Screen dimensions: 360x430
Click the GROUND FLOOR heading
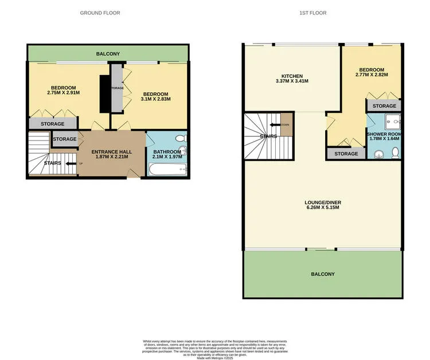point(100,13)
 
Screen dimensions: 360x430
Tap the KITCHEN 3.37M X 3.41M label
point(291,79)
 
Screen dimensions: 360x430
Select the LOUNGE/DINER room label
point(322,205)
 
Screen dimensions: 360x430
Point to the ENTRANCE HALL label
point(113,155)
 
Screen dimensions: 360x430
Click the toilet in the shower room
point(394,152)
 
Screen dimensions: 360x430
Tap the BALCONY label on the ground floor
point(108,54)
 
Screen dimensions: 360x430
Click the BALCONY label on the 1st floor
point(322,274)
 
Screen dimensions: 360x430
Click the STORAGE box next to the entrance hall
point(65,139)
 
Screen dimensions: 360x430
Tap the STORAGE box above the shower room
point(384,106)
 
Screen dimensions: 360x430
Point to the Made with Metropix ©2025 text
point(214,358)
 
